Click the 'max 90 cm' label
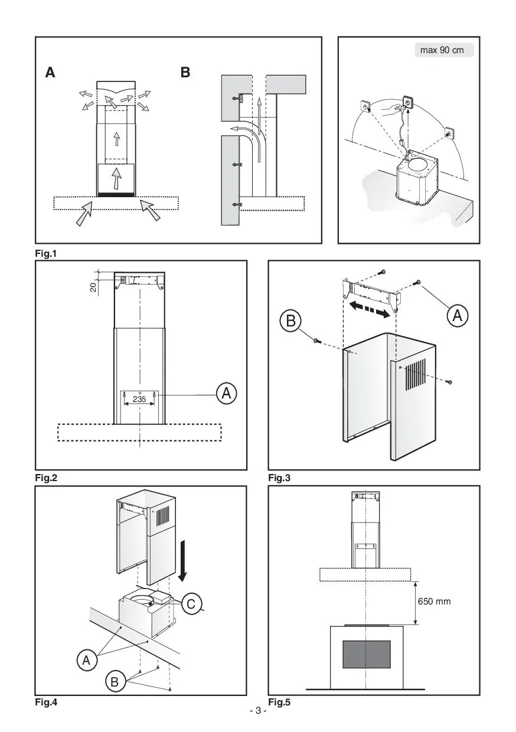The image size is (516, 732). (x=442, y=50)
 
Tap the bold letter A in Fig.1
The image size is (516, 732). (x=51, y=73)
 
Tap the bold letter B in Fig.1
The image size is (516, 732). (x=186, y=73)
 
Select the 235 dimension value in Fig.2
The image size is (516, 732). (x=139, y=399)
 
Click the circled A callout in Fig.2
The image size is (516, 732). (x=226, y=393)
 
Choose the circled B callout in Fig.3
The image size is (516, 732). (x=291, y=321)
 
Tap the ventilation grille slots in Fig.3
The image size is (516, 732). (x=414, y=375)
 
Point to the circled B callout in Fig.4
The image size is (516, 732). (x=115, y=683)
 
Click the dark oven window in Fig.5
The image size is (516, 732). (x=367, y=654)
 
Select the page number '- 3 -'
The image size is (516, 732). (x=258, y=711)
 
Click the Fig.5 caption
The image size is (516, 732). (x=279, y=702)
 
